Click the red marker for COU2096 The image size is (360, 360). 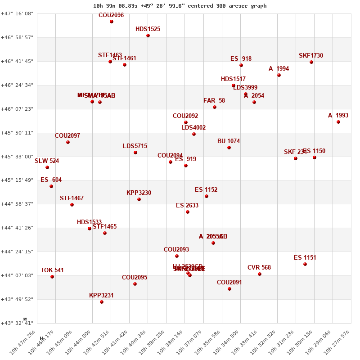(112, 22)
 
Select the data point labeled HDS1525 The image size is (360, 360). (148, 36)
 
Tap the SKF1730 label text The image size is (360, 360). (311, 56)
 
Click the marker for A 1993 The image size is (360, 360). (338, 122)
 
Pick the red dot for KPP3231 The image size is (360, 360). (102, 302)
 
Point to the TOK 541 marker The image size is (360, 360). (52, 277)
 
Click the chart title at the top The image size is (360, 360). (180, 6)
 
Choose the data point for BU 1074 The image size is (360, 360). (229, 148)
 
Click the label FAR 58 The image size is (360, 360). (214, 100)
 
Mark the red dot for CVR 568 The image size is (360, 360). (260, 274)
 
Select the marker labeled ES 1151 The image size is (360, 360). (305, 264)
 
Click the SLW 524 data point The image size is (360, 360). (47, 167)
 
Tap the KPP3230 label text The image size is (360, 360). (139, 193)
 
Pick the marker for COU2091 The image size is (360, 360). (229, 289)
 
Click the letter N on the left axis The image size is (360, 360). (25, 319)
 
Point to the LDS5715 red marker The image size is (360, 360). (135, 153)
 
